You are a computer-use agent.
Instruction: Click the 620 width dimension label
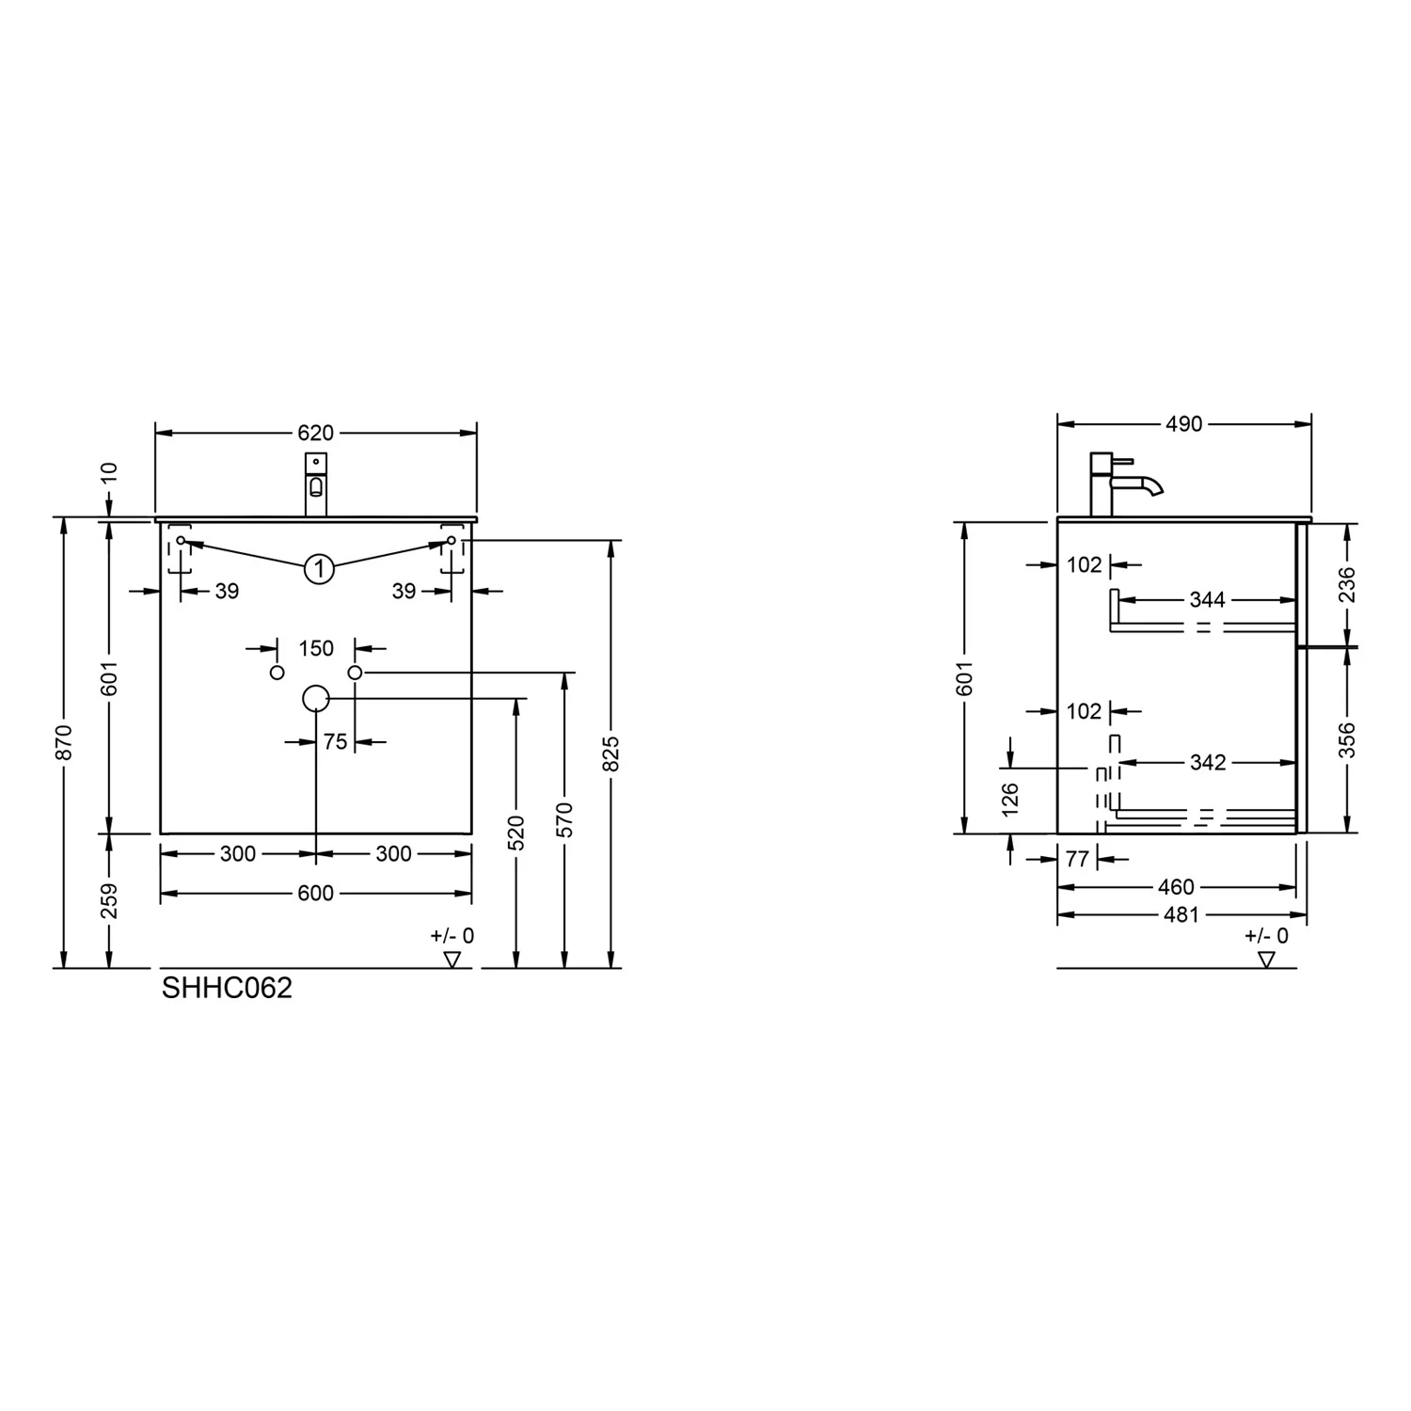(315, 433)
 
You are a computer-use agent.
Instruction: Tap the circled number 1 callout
(320, 569)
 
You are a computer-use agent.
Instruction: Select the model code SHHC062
(227, 988)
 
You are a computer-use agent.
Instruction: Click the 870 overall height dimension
(64, 742)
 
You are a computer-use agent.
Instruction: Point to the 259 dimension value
(109, 900)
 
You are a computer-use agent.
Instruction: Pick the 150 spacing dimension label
(316, 648)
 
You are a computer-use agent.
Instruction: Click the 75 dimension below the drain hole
(335, 742)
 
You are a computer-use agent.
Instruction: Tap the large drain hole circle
(316, 698)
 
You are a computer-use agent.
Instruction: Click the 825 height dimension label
(610, 753)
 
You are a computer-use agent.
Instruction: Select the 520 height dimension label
(515, 833)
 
